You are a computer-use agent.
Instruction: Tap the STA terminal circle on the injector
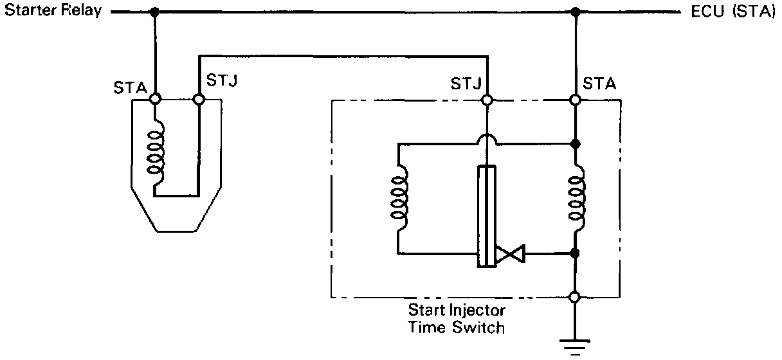[155, 100]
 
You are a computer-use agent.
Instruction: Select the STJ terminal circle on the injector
[199, 100]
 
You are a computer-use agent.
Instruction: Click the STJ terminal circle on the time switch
[487, 100]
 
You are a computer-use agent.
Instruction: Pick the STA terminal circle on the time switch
[576, 100]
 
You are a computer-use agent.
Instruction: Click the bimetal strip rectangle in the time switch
[487, 216]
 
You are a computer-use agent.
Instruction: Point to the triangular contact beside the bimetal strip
[511, 254]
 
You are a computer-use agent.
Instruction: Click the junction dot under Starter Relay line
[155, 12]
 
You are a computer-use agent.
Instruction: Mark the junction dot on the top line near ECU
[576, 12]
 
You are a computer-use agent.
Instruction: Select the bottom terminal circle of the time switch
[576, 297]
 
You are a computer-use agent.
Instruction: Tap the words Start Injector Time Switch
[457, 318]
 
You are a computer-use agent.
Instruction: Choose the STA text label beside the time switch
[599, 84]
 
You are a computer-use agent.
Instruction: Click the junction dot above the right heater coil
[576, 143]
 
